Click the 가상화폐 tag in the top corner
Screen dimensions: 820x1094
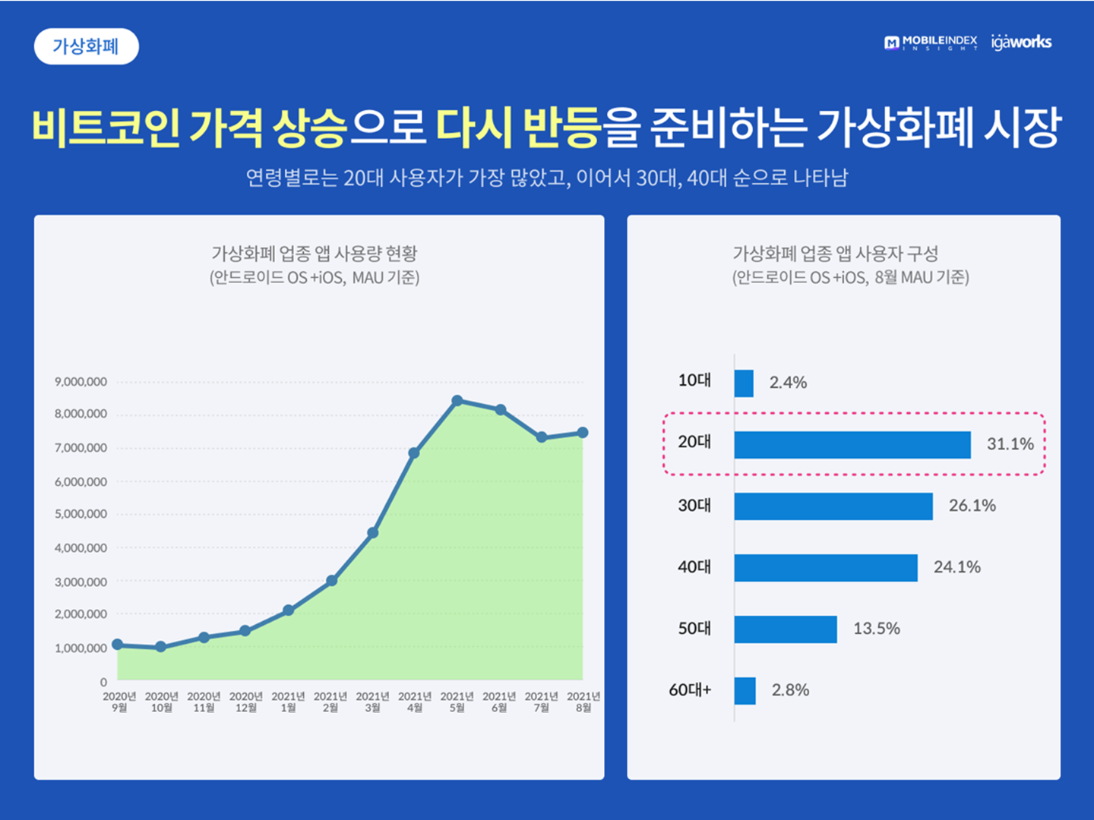point(86,46)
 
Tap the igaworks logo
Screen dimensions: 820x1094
point(1021,43)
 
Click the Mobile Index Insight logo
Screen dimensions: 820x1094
point(931,43)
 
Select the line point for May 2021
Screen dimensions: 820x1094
point(457,401)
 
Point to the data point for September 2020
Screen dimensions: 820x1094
point(118,645)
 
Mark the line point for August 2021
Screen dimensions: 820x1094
point(583,433)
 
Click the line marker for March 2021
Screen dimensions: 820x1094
point(373,533)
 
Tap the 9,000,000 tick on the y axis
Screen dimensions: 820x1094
point(81,382)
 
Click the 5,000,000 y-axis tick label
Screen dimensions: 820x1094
point(81,514)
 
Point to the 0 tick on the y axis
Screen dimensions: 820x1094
point(103,682)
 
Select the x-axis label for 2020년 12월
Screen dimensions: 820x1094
point(245,702)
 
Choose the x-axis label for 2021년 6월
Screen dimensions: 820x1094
point(499,702)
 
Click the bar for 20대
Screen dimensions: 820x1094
point(852,445)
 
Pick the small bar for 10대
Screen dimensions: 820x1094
point(744,383)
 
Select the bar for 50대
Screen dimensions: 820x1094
point(786,629)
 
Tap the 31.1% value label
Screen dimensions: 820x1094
point(1010,444)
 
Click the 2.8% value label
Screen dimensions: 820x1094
point(790,690)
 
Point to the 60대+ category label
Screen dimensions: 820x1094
point(690,690)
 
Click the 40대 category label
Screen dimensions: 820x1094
point(694,566)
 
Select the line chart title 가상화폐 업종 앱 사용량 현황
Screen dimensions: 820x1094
point(315,254)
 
